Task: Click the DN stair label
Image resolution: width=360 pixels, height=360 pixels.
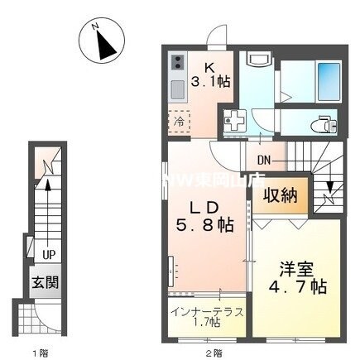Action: click(264, 160)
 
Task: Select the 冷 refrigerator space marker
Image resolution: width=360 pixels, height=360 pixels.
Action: click(179, 122)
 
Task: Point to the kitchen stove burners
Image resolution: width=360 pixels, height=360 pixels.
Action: click(179, 62)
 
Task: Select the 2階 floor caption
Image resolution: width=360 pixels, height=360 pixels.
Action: click(213, 353)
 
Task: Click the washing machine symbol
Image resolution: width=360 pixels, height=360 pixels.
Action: click(233, 121)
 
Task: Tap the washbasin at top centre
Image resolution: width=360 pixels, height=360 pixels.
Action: click(258, 60)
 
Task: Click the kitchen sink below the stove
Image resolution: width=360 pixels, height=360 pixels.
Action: click(179, 88)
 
